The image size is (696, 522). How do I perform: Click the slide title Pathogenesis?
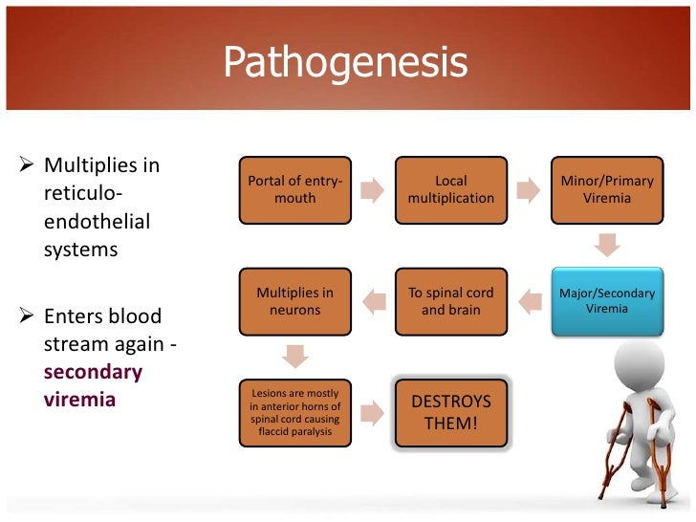345,63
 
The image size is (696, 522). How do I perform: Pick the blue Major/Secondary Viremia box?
607,301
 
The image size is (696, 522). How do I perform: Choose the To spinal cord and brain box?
450,301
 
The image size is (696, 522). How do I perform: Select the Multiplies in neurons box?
294,301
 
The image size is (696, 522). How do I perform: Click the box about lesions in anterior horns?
294,412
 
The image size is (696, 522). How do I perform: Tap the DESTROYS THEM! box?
450,412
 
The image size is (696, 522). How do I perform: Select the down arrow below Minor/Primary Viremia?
607,246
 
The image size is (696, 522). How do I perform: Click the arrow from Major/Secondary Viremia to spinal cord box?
529,302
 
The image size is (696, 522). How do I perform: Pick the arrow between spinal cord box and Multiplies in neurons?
373,302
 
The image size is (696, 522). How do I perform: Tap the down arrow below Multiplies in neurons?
294,357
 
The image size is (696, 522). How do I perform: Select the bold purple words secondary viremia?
93,385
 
